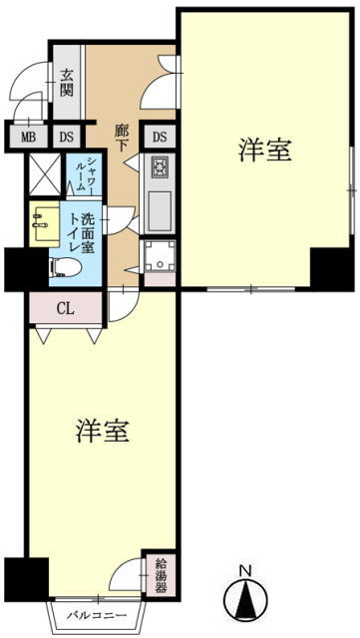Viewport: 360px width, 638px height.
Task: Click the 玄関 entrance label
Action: click(x=67, y=84)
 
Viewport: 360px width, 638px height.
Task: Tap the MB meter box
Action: click(x=29, y=138)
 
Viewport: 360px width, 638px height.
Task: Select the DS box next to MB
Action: click(x=67, y=138)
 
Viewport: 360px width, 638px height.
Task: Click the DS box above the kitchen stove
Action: click(x=160, y=137)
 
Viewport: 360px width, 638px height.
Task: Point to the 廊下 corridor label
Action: click(x=121, y=139)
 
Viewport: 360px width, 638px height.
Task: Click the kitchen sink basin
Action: click(x=160, y=210)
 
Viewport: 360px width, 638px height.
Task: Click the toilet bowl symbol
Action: click(x=65, y=267)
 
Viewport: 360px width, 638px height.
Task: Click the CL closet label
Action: click(x=65, y=309)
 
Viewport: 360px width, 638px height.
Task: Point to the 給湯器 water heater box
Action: click(x=162, y=576)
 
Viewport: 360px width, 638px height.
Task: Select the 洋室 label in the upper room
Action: click(x=264, y=150)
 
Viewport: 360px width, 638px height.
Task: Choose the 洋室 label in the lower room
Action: click(x=103, y=431)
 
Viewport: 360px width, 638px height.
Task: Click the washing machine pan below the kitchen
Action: click(x=160, y=256)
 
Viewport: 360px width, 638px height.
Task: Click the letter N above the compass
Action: click(x=245, y=572)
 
